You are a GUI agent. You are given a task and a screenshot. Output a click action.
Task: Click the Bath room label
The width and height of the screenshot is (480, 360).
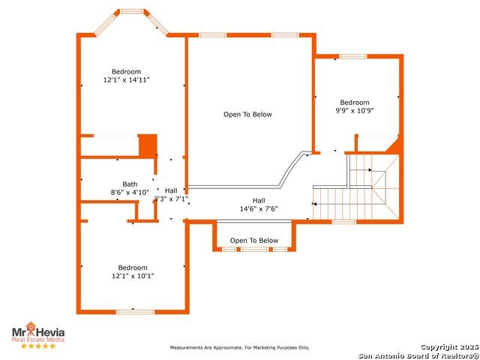point(130,184)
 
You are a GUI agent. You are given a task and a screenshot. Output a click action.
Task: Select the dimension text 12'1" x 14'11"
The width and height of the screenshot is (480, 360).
point(127,80)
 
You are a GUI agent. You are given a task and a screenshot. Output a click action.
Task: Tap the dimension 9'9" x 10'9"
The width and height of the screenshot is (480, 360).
point(355,110)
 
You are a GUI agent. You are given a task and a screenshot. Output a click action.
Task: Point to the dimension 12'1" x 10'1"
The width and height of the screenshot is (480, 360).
point(133,276)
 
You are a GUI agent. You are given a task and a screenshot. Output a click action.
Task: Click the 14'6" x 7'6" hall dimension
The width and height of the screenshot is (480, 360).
point(259,208)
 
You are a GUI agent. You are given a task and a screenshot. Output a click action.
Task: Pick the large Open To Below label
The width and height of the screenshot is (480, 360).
point(247,115)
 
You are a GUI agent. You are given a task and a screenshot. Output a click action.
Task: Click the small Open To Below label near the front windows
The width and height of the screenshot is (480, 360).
point(254,241)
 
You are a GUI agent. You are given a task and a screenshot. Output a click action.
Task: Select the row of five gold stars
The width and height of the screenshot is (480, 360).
point(38,346)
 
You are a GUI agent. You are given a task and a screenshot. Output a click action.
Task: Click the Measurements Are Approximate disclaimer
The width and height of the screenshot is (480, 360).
point(240,348)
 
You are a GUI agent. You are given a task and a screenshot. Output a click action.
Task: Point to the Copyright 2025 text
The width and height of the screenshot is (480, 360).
point(449,346)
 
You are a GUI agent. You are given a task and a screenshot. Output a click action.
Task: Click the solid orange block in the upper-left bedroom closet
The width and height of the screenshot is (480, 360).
point(148,145)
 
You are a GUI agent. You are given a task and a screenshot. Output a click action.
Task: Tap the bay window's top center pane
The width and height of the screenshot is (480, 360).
point(132,12)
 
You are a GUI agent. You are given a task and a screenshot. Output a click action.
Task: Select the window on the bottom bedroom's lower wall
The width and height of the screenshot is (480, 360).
point(135,312)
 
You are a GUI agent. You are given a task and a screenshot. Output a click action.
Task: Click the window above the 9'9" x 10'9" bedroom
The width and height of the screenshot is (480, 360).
point(353,56)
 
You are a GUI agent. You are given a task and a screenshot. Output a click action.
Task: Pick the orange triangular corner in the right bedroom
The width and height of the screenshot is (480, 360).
point(394,145)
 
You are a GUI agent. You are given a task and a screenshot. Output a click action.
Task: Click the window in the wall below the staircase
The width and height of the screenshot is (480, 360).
point(344,222)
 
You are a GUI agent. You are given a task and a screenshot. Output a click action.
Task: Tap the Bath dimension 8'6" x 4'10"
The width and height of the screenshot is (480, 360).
point(130,193)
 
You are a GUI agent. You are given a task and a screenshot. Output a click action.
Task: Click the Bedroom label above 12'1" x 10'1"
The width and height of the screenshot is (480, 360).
point(133,268)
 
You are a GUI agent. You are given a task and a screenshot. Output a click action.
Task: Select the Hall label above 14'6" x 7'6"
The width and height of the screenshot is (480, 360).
point(259,201)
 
